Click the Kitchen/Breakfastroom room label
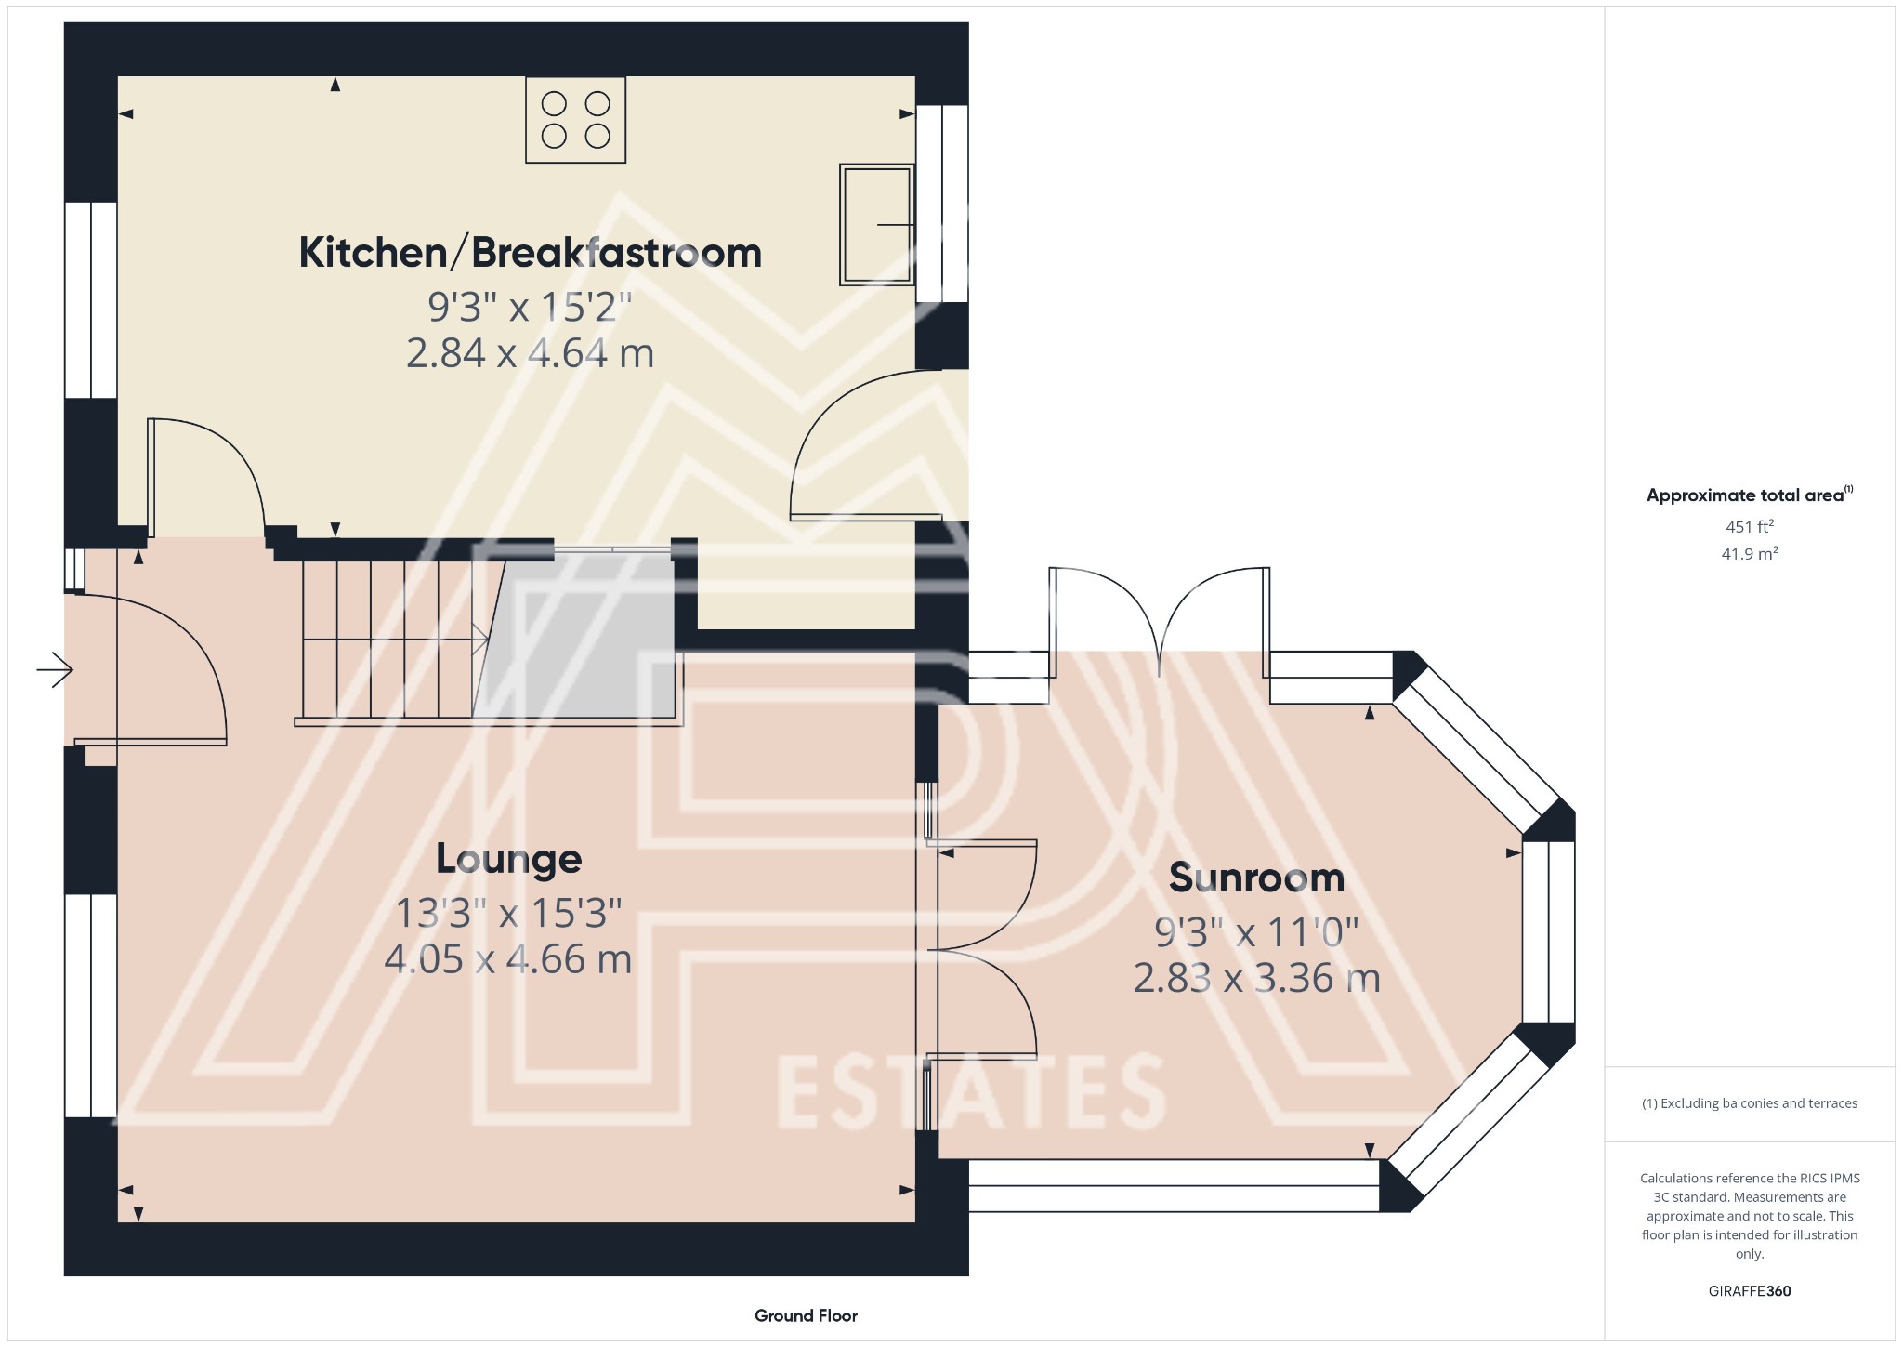(530, 253)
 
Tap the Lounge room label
(508, 858)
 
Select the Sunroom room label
(1256, 878)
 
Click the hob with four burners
(575, 120)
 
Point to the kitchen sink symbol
(876, 224)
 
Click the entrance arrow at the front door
(55, 669)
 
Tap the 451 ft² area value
(1749, 527)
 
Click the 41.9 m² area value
(1749, 554)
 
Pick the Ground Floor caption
(806, 1315)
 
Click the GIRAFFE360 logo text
(1749, 1290)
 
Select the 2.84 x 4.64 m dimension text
(530, 354)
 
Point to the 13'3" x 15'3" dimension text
(508, 913)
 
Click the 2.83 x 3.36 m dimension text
(1256, 978)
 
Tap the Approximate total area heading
(1747, 495)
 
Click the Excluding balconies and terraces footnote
(1749, 1103)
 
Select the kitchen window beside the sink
(942, 204)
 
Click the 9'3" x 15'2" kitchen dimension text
(530, 306)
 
